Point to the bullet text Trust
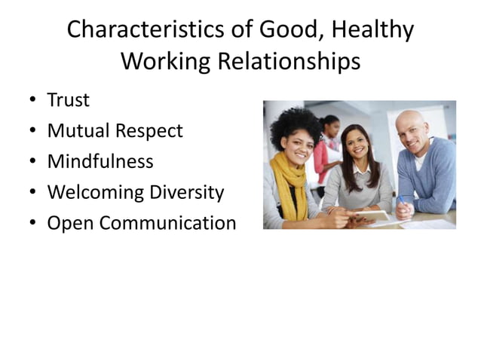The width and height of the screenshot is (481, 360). pos(68,100)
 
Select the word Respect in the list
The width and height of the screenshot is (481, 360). pos(149,131)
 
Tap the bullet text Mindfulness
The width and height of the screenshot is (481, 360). pos(100,161)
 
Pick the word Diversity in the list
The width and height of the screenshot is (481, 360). pos(189,192)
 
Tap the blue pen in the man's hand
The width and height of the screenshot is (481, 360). pos(402,202)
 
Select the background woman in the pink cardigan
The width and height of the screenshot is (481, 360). pos(326,151)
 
